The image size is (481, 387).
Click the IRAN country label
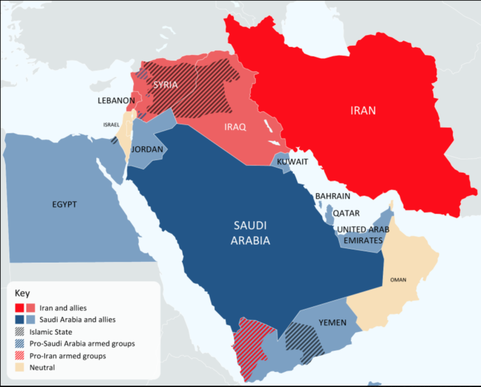pyautogui.click(x=363, y=110)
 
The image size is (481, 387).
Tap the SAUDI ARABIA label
pyautogui.click(x=250, y=233)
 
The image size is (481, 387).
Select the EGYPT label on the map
pyautogui.click(x=64, y=204)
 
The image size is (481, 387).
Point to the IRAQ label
pyautogui.click(x=235, y=127)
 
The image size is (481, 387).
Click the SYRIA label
pyautogui.click(x=166, y=85)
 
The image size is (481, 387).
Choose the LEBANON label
pyautogui.click(x=116, y=101)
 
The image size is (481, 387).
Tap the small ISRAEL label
pyautogui.click(x=111, y=125)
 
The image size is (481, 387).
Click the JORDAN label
pyautogui.click(x=147, y=150)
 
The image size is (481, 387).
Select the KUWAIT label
pyautogui.click(x=292, y=162)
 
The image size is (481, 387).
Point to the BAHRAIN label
pyautogui.click(x=332, y=196)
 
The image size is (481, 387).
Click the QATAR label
pyautogui.click(x=346, y=213)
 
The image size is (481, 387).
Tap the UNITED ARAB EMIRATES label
pyautogui.click(x=363, y=235)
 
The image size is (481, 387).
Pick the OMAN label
pyautogui.click(x=398, y=280)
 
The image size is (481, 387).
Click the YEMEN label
pyautogui.click(x=332, y=323)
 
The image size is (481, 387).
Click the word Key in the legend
pyautogui.click(x=22, y=294)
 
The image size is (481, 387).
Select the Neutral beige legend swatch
pyautogui.click(x=20, y=368)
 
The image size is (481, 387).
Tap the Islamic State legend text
pyautogui.click(x=50, y=332)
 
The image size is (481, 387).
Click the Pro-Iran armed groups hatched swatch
pyautogui.click(x=20, y=356)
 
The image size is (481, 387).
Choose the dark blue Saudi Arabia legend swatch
pyautogui.click(x=20, y=320)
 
